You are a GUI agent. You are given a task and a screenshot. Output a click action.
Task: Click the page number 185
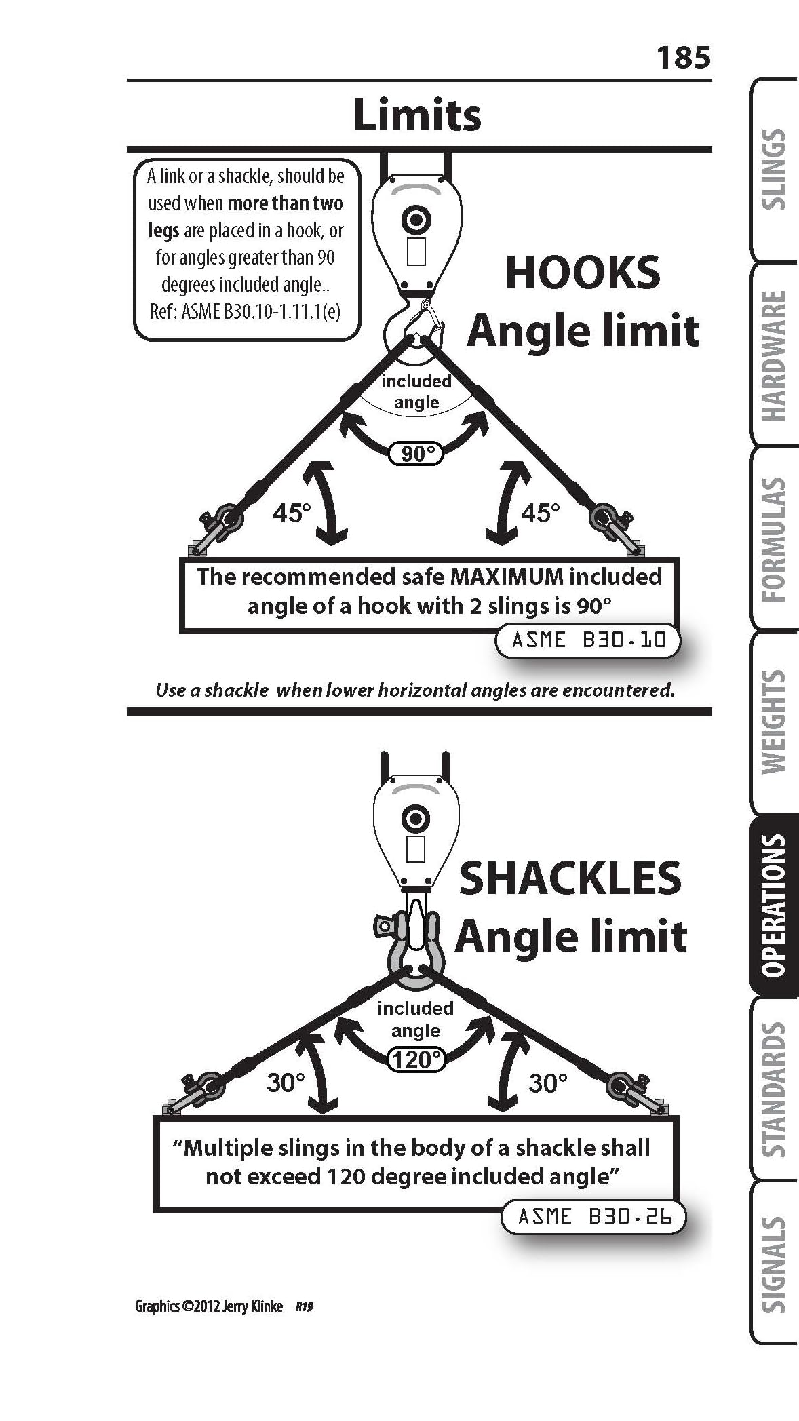(684, 58)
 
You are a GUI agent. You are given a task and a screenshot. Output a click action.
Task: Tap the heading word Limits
(417, 115)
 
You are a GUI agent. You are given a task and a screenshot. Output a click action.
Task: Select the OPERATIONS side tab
(774, 905)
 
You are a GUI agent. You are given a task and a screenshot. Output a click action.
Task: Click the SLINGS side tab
(774, 170)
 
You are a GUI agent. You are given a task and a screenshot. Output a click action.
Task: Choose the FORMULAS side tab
(774, 539)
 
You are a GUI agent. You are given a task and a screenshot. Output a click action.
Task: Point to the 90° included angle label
(416, 452)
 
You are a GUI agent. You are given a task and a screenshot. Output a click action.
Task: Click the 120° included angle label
(416, 1059)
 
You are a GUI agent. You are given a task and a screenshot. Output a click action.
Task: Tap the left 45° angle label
(292, 513)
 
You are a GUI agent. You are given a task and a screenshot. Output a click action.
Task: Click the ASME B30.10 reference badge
(587, 640)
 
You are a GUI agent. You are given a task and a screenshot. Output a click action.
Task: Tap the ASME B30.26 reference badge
(593, 1216)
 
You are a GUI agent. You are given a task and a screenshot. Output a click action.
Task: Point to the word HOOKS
(583, 273)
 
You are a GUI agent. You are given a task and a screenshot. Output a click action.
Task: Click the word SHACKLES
(570, 878)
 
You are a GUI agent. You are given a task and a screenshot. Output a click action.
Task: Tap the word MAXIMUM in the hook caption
(507, 577)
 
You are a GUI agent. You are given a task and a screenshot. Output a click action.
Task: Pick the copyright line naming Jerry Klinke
(209, 1306)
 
